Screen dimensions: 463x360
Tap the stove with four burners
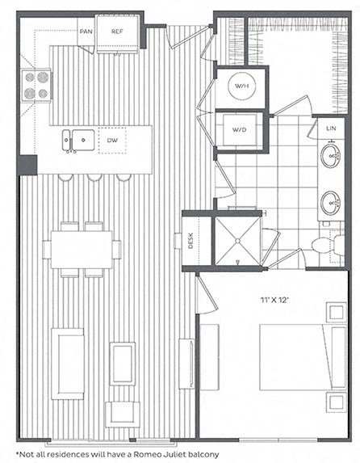click(x=37, y=85)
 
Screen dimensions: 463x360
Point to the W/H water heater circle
click(x=241, y=86)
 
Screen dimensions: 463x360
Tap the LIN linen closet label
click(x=330, y=128)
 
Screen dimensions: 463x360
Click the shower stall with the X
click(x=237, y=240)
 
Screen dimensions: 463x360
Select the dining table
click(x=82, y=250)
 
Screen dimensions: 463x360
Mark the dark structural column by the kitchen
click(x=27, y=164)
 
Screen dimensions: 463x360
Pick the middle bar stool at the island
click(x=94, y=176)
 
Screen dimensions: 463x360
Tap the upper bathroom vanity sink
click(x=330, y=156)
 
